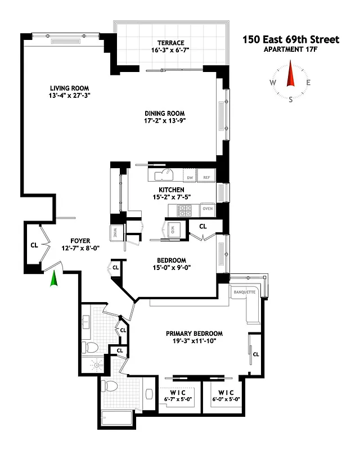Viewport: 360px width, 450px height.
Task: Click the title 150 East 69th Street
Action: (x=291, y=39)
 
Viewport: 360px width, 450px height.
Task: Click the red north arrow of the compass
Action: (x=291, y=76)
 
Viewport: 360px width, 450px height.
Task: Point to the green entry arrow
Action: (x=55, y=279)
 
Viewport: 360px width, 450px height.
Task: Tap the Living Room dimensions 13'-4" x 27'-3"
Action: (x=70, y=96)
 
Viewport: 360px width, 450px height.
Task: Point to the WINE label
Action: (x=114, y=232)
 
